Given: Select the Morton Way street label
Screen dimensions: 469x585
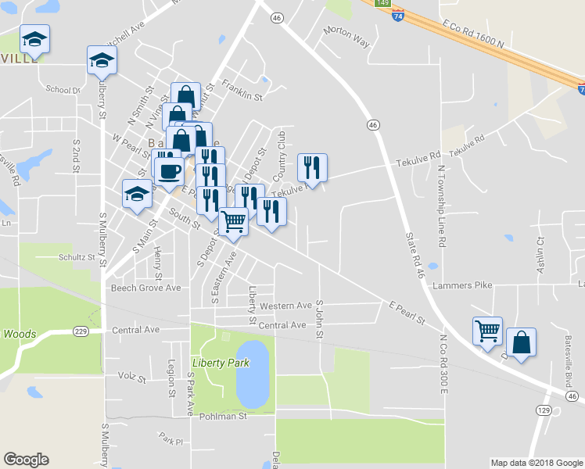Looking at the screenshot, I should pyautogui.click(x=346, y=36).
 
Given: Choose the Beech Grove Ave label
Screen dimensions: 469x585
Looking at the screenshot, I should pyautogui.click(x=145, y=288).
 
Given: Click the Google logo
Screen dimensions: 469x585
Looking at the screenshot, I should pyautogui.click(x=26, y=460).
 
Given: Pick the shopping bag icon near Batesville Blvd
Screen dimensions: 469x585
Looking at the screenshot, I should pyautogui.click(x=521, y=342).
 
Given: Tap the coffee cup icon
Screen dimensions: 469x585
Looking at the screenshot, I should pyautogui.click(x=168, y=170).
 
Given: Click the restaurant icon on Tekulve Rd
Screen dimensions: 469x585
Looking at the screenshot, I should pyautogui.click(x=311, y=166).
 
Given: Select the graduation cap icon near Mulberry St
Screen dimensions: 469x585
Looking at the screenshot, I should pyautogui.click(x=102, y=59).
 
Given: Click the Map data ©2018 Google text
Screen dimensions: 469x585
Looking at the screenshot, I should pyautogui.click(x=537, y=463).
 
